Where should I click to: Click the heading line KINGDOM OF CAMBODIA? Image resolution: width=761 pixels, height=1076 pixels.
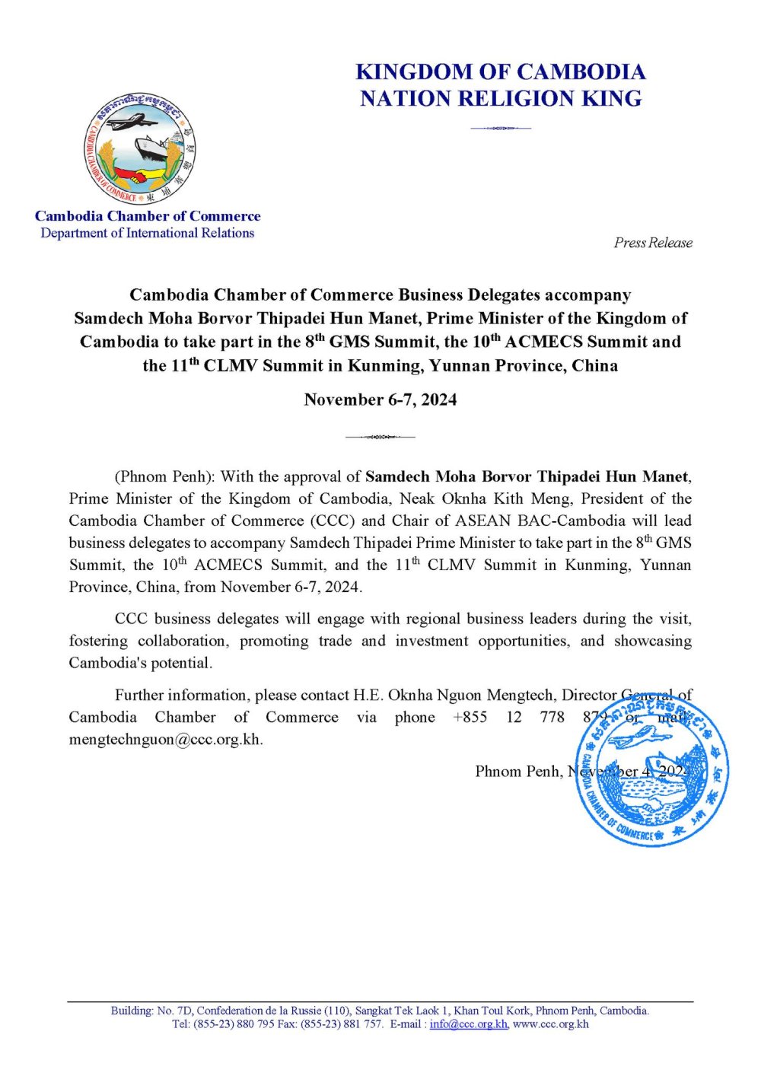point(501,72)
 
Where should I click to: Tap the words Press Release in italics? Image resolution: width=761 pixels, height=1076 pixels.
point(653,243)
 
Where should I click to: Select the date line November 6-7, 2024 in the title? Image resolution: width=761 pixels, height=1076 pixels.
point(380,400)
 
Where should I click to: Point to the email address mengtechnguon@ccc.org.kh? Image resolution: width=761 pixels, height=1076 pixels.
point(165,740)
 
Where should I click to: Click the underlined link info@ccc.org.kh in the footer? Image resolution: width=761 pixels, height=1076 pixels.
point(468,1024)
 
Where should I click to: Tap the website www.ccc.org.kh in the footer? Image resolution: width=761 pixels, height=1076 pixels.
point(550,1024)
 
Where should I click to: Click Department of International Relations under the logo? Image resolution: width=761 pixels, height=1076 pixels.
point(148,233)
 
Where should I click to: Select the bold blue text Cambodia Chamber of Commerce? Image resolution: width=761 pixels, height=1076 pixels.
point(148,216)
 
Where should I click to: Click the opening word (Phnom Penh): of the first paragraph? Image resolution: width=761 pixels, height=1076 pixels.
point(165,477)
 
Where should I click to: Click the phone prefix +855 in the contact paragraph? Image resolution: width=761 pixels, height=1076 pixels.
point(470,718)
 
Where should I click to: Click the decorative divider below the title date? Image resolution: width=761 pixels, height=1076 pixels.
point(380,437)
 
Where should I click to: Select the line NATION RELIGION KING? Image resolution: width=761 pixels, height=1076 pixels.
point(501,99)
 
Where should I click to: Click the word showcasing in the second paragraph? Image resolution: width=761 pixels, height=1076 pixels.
point(652,641)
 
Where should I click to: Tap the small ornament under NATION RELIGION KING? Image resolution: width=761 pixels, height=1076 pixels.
point(500,128)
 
